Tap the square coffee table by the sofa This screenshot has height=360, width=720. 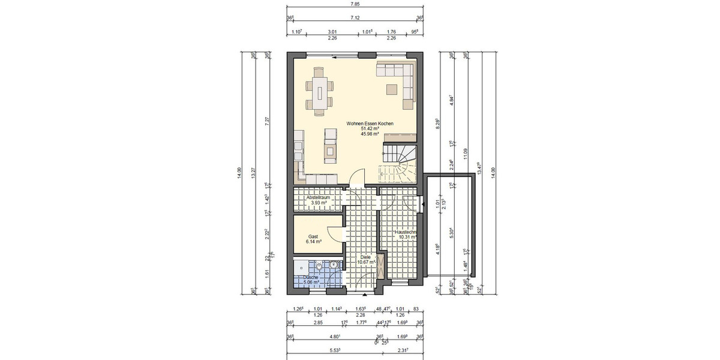pyautogui.click(x=391, y=89)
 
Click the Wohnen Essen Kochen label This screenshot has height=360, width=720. pyautogui.click(x=370, y=123)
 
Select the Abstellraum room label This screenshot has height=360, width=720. pyautogui.click(x=318, y=197)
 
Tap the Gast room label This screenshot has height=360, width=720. pyautogui.click(x=313, y=236)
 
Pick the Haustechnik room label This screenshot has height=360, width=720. pyautogui.click(x=406, y=231)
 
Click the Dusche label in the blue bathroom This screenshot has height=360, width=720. pyautogui.click(x=311, y=277)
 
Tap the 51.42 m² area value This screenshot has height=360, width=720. pyautogui.click(x=370, y=128)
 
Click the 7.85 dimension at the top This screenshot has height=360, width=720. pyautogui.click(x=355, y=4)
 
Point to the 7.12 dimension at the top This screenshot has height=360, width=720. pyautogui.click(x=355, y=18)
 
